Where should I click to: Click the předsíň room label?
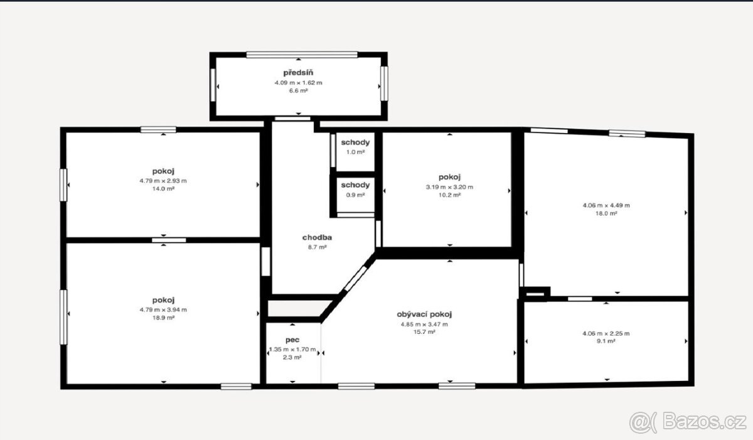click(x=298, y=73)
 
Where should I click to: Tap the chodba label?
click(x=317, y=238)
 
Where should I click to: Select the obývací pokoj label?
click(x=424, y=314)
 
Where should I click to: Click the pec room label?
click(x=292, y=340)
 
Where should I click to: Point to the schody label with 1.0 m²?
click(x=355, y=142)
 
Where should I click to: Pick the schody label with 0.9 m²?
click(x=355, y=185)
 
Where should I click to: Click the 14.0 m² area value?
click(x=163, y=189)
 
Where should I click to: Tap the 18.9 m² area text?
click(x=163, y=318)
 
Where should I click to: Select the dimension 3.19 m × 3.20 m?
click(x=449, y=187)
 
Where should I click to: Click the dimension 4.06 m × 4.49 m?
click(x=606, y=205)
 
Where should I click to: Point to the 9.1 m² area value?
click(x=606, y=341)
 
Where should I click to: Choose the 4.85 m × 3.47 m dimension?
click(x=424, y=325)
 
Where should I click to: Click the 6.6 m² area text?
click(x=299, y=91)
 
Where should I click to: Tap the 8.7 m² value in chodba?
click(x=318, y=247)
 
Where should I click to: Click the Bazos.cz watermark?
click(x=688, y=422)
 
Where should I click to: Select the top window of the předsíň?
click(x=302, y=55)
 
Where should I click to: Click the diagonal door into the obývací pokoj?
click(x=355, y=279)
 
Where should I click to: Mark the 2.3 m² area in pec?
click(x=292, y=358)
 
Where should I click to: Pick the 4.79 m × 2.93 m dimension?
click(x=163, y=181)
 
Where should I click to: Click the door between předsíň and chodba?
click(x=292, y=119)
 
